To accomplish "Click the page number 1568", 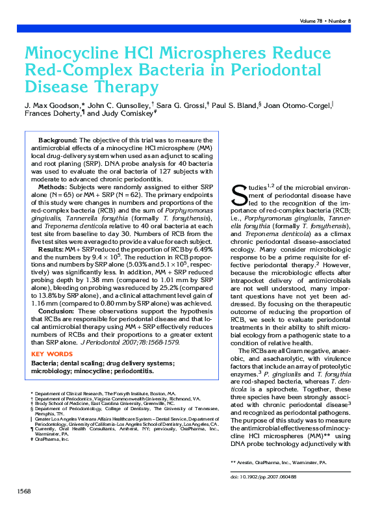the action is click(23, 490).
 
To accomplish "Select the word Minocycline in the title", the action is click(73, 53).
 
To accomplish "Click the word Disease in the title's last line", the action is click(55, 86).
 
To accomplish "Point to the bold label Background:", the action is click(58, 140).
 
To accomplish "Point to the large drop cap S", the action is click(238, 193).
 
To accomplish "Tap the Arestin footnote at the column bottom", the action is click(279, 462).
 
